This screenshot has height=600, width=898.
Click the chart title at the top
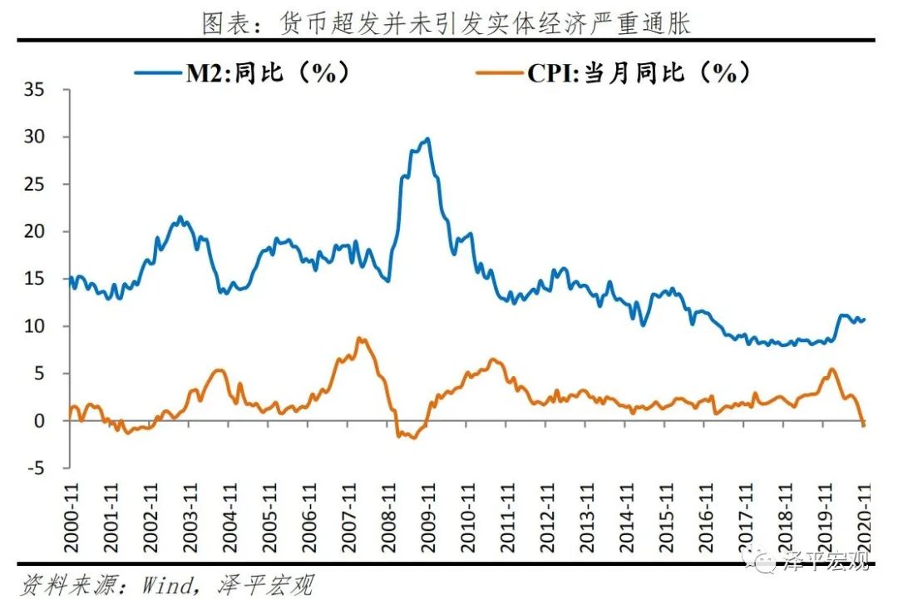(447, 22)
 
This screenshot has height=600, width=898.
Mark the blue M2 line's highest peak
(427, 139)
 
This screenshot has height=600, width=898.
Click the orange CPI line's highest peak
(358, 338)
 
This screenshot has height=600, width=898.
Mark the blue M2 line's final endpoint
(865, 320)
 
